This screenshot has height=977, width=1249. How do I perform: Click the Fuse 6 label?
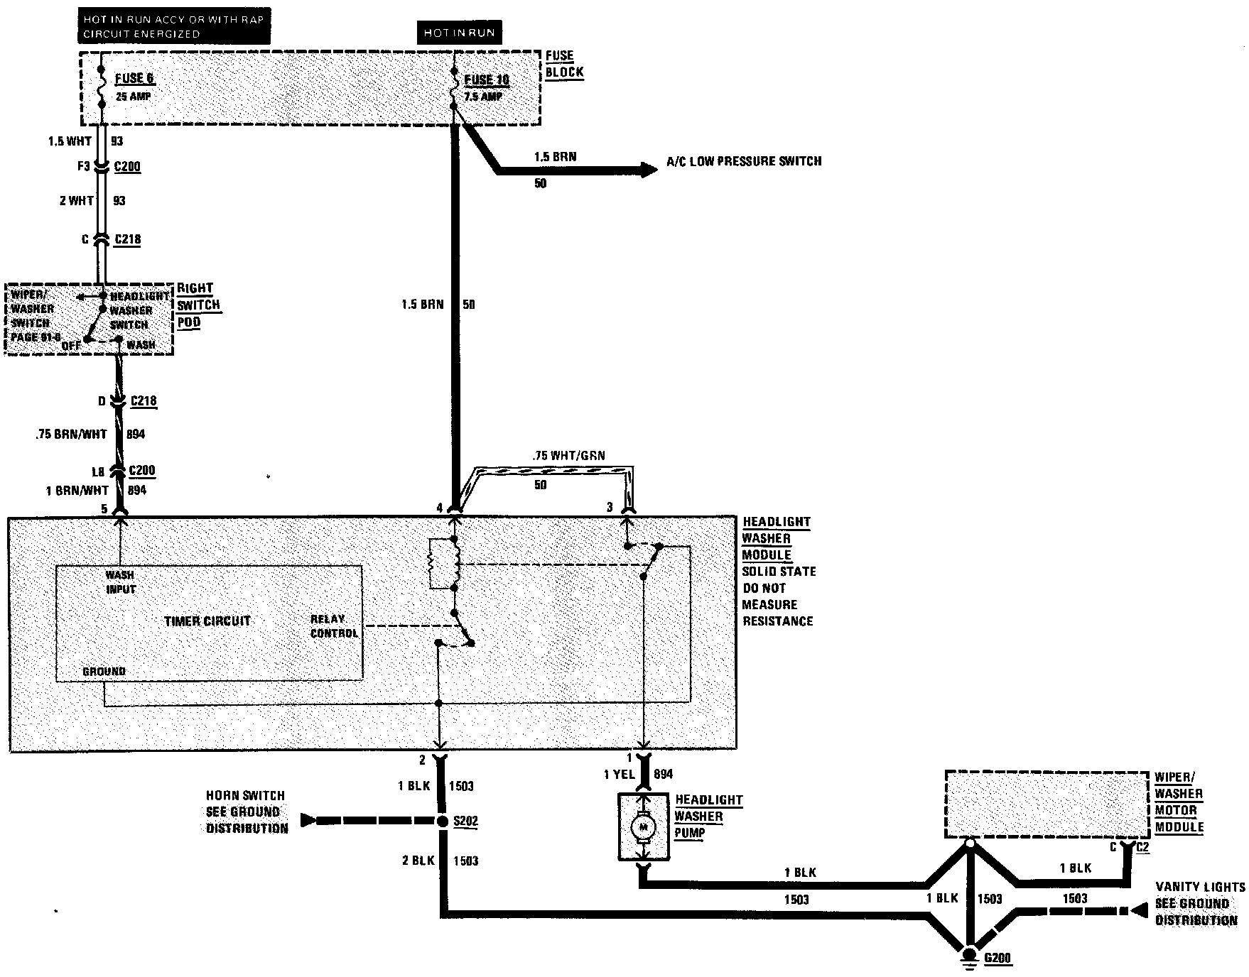point(134,79)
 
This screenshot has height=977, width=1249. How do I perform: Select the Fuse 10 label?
point(487,80)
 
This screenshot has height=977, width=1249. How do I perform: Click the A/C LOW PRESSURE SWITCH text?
point(743,161)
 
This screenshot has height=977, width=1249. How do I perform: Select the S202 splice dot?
point(440,821)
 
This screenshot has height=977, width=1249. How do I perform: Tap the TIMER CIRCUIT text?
point(207,621)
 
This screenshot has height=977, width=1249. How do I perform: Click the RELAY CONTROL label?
point(334,626)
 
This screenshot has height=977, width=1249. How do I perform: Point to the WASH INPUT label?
point(120,582)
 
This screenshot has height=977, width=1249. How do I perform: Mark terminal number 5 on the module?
point(104,509)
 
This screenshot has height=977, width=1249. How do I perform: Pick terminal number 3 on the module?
point(609,507)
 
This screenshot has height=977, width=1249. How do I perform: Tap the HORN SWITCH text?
point(245,796)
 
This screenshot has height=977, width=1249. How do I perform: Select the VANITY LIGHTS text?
point(1200,887)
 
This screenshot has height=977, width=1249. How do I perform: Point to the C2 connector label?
point(1142,846)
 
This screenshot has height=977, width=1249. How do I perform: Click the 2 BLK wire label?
point(418,861)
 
